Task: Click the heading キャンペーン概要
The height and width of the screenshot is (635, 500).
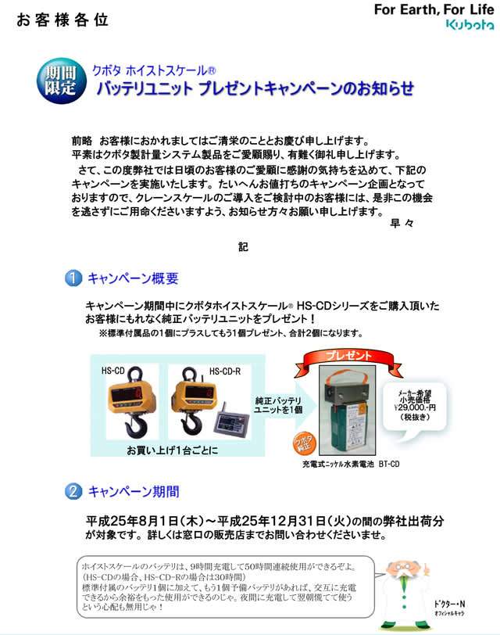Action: pyautogui.click(x=133, y=278)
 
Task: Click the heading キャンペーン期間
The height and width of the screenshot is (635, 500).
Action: pyautogui.click(x=133, y=492)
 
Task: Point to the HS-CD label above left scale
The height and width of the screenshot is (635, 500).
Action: pyautogui.click(x=113, y=370)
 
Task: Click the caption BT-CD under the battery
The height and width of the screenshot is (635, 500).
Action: pyautogui.click(x=389, y=465)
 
